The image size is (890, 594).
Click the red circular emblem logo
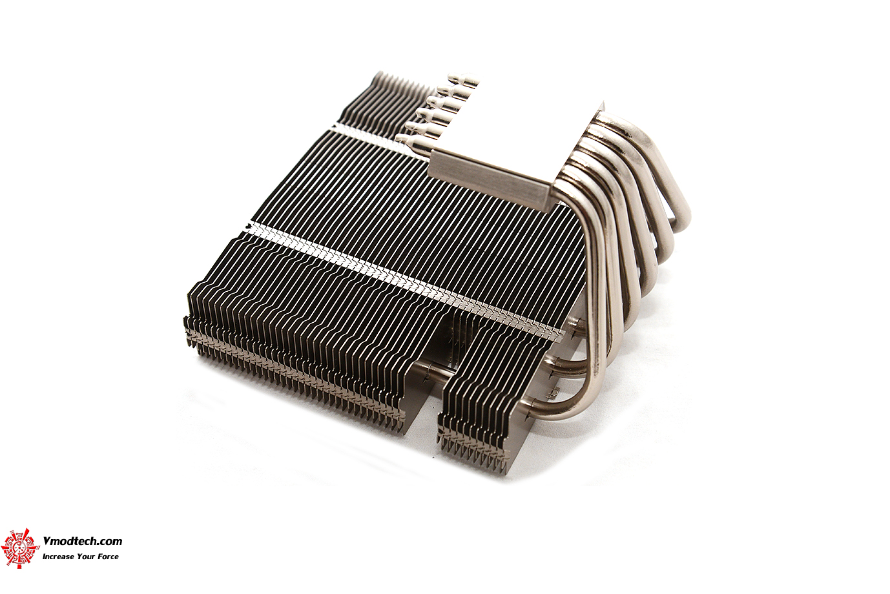pyautogui.click(x=19, y=548)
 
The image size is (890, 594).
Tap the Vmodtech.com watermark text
pyautogui.click(x=82, y=542)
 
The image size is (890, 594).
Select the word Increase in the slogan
pyautogui.click(x=58, y=557)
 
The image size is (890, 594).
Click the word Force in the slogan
pyautogui.click(x=108, y=557)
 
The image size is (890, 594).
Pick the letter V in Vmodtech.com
pyautogui.click(x=47, y=542)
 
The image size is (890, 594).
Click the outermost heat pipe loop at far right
pyautogui.click(x=678, y=194)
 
